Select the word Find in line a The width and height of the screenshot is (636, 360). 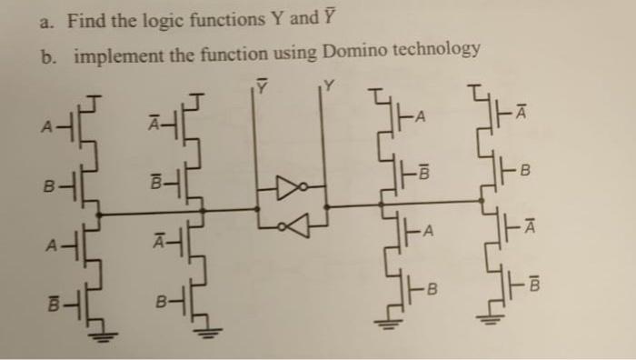[x=87, y=19]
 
